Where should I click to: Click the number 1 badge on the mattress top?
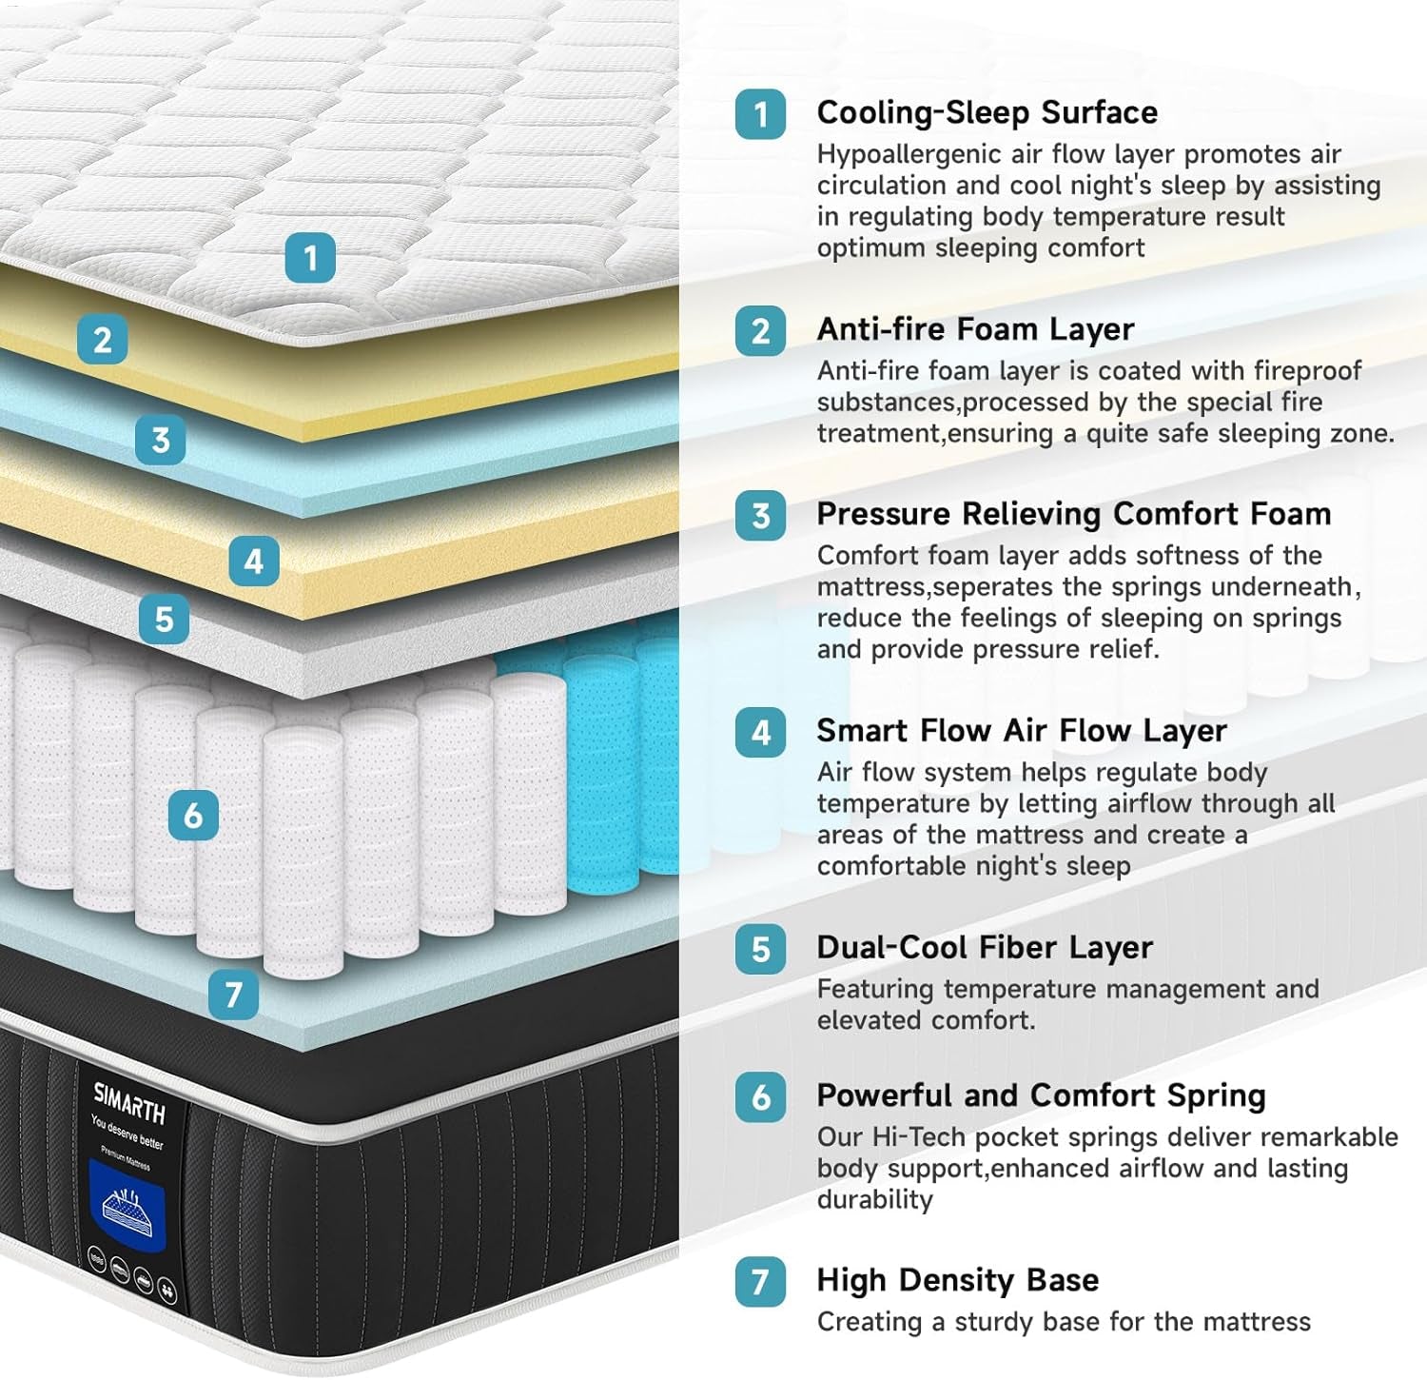click(310, 257)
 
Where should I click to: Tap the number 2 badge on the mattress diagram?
click(103, 340)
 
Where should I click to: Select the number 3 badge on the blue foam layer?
click(160, 441)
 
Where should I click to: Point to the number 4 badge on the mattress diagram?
click(253, 562)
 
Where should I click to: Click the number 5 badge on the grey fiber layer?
click(164, 620)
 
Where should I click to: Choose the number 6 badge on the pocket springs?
click(193, 815)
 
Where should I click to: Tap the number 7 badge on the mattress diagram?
click(233, 995)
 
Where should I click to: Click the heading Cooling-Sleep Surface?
click(987, 112)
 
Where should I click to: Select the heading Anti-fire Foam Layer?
click(975, 329)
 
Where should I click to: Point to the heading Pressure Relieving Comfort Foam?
click(1073, 514)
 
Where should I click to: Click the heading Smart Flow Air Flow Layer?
click(1021, 731)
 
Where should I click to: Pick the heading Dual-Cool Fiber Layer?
click(984, 948)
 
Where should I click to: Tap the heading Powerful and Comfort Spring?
click(1041, 1095)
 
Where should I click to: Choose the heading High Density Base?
click(957, 1280)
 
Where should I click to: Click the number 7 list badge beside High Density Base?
click(760, 1281)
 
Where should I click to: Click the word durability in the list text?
click(874, 1199)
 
